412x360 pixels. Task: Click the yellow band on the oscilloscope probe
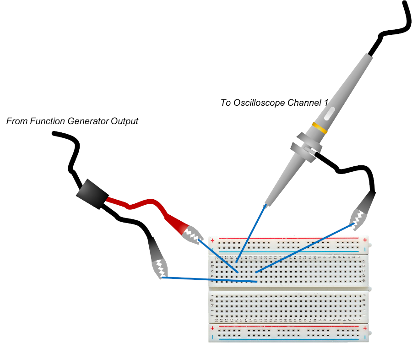coord(320,128)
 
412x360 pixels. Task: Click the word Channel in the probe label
coord(304,103)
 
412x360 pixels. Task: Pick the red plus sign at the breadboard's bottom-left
coord(212,328)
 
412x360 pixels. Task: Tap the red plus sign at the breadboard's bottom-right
coord(365,328)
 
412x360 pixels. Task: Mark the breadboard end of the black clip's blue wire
coord(256,282)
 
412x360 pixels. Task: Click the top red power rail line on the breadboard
coord(288,239)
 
